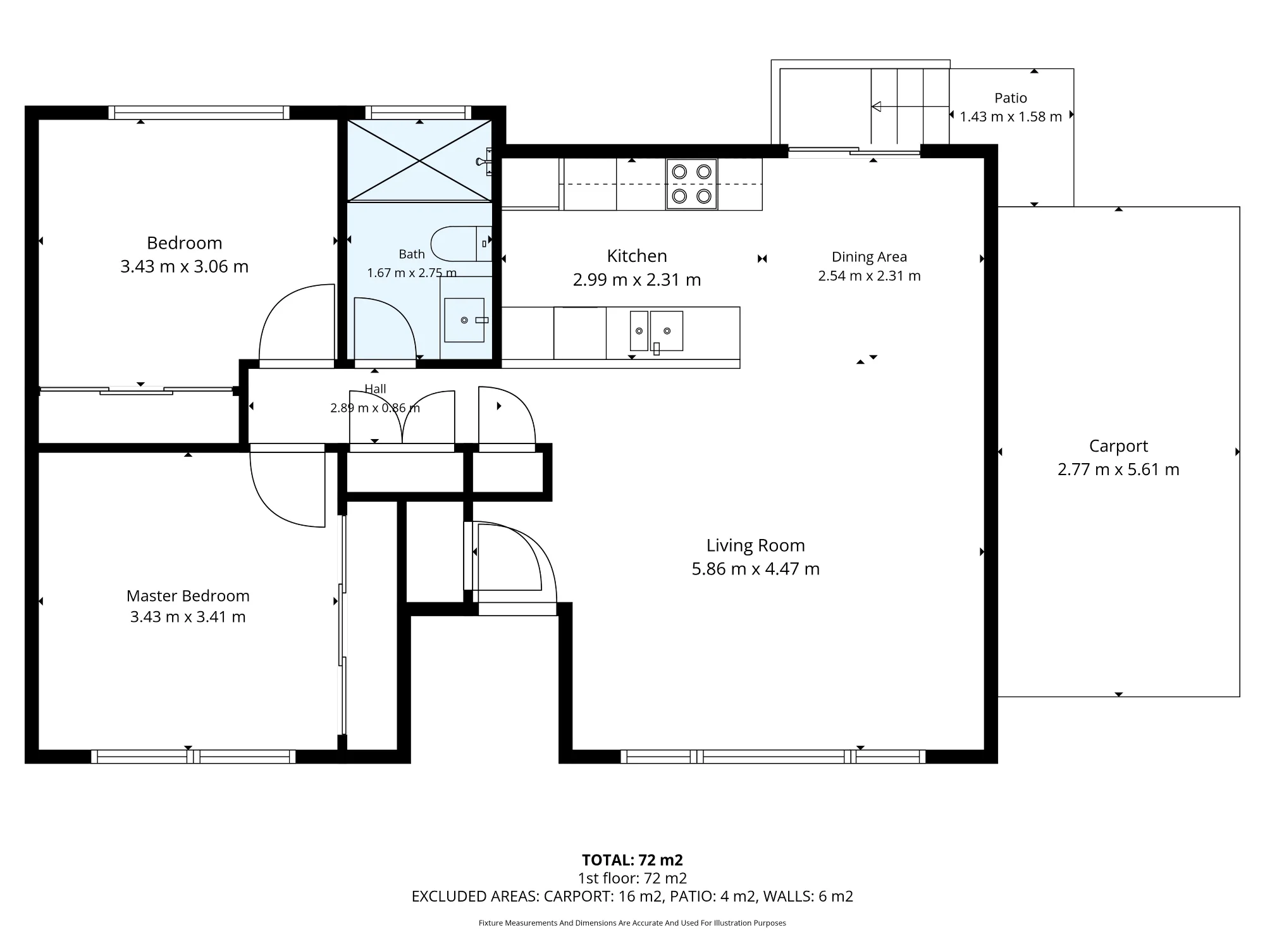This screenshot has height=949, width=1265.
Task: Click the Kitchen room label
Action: pyautogui.click(x=637, y=256)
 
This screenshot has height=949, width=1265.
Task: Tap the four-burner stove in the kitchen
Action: pyautogui.click(x=691, y=184)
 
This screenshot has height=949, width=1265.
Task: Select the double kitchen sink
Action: pyautogui.click(x=657, y=331)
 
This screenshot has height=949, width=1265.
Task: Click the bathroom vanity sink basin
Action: pyautogui.click(x=464, y=320)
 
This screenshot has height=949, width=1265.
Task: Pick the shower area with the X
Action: pyautogui.click(x=419, y=161)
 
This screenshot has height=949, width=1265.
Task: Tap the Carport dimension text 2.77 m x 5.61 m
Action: pyautogui.click(x=1118, y=469)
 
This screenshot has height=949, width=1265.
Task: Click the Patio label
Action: pyautogui.click(x=1011, y=98)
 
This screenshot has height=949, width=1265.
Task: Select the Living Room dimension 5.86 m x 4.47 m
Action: pyautogui.click(x=756, y=569)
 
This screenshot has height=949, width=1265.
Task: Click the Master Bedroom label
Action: pyautogui.click(x=188, y=596)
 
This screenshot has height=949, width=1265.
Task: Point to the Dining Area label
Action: pyautogui.click(x=869, y=257)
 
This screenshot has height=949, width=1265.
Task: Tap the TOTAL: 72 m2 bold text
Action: pyautogui.click(x=632, y=860)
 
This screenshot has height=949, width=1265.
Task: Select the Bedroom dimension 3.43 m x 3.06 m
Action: pyautogui.click(x=185, y=266)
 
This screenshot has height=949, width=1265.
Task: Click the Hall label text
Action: pyautogui.click(x=375, y=389)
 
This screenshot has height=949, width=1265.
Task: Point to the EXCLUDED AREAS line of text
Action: pyautogui.click(x=632, y=896)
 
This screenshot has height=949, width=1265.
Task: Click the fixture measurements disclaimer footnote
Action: pyautogui.click(x=632, y=923)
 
